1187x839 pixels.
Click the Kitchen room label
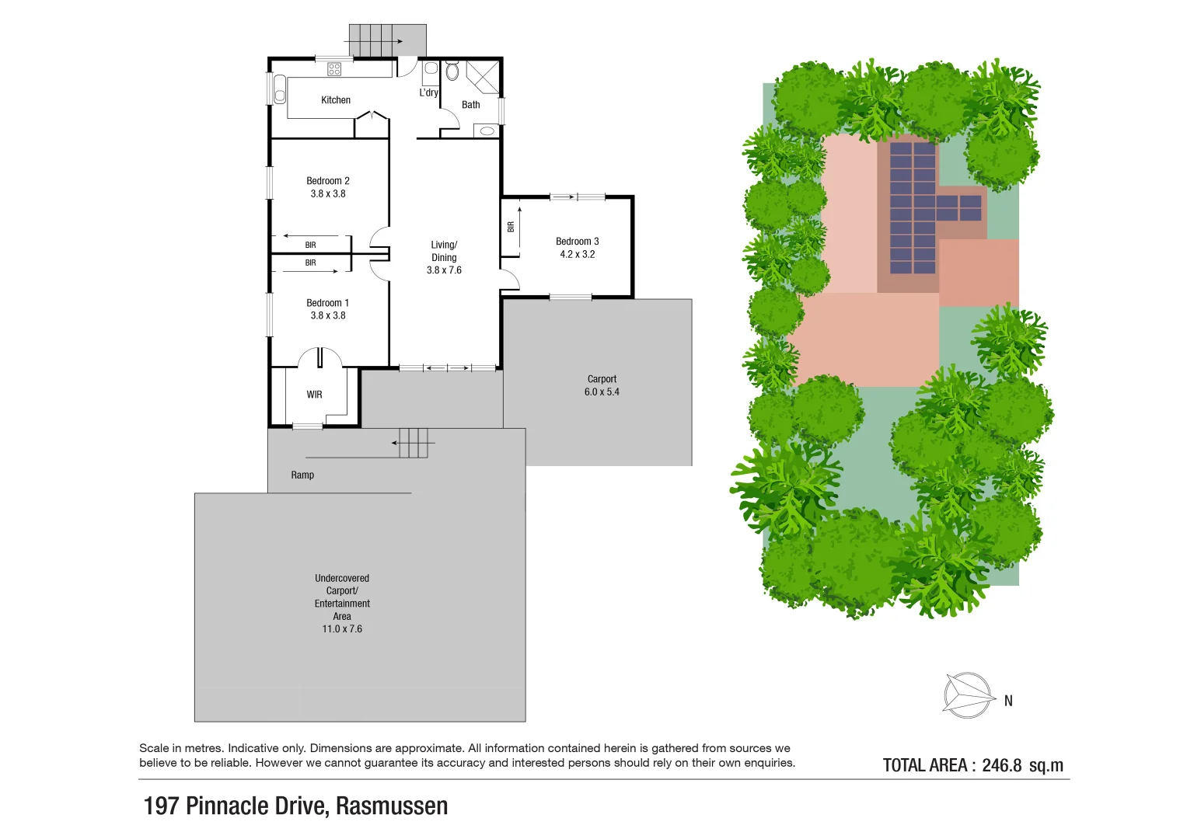click(x=336, y=99)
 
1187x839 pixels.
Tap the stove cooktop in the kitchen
click(x=333, y=69)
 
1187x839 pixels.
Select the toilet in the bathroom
click(x=452, y=71)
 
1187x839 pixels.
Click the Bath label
click(x=470, y=105)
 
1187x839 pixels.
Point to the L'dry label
click(x=428, y=92)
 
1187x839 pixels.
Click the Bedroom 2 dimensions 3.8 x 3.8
click(x=328, y=194)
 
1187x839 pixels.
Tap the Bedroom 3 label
click(x=577, y=242)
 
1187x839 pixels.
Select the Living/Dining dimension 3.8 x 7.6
click(x=444, y=270)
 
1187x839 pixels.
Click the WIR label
click(x=314, y=395)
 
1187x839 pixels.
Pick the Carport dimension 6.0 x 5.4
click(x=602, y=392)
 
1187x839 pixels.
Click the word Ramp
click(x=302, y=475)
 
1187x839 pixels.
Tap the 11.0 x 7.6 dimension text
click(x=342, y=629)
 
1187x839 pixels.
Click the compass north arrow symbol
click(x=968, y=695)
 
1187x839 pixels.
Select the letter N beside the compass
click(x=1008, y=701)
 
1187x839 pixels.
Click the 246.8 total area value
click(x=1001, y=765)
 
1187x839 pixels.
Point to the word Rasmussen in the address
click(x=392, y=806)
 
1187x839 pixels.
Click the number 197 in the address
click(x=162, y=806)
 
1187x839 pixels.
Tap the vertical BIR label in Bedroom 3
click(x=511, y=227)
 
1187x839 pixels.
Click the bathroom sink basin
click(x=487, y=131)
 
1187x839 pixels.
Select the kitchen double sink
click(x=280, y=89)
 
